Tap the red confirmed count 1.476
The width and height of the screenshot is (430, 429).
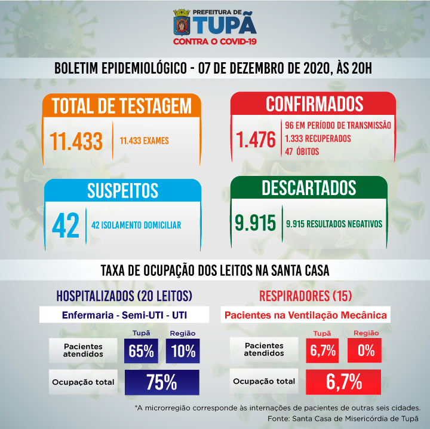(256, 139)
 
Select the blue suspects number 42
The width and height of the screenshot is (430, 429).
(66, 225)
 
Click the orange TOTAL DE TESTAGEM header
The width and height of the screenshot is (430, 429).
(122, 105)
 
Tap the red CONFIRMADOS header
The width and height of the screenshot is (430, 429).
(314, 104)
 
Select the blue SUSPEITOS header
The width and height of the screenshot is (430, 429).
(122, 190)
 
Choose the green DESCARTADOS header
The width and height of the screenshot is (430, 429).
(309, 188)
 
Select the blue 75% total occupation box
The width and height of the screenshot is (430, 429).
(161, 382)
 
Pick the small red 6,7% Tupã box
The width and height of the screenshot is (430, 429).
(322, 351)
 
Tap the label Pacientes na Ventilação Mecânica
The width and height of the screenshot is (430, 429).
(305, 315)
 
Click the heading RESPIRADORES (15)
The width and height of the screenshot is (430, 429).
(305, 296)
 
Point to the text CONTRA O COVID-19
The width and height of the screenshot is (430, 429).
(215, 41)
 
